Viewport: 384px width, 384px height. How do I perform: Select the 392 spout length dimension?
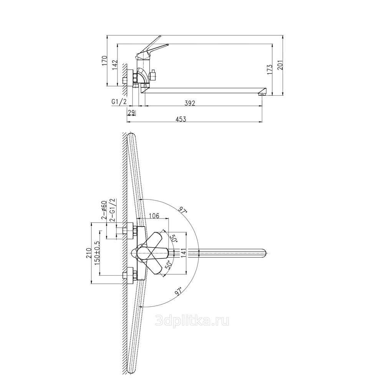tap(190, 103)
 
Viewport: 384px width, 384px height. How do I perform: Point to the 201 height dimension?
tap(280, 65)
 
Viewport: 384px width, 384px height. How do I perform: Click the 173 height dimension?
tap(270, 70)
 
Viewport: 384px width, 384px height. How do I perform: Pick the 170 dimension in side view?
tap(105, 61)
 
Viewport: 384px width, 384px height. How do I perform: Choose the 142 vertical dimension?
tap(115, 65)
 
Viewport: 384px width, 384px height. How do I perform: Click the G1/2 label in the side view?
tap(119, 102)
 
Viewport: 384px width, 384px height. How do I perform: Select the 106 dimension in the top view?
tap(154, 216)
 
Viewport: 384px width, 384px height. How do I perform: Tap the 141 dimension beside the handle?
tap(183, 253)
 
